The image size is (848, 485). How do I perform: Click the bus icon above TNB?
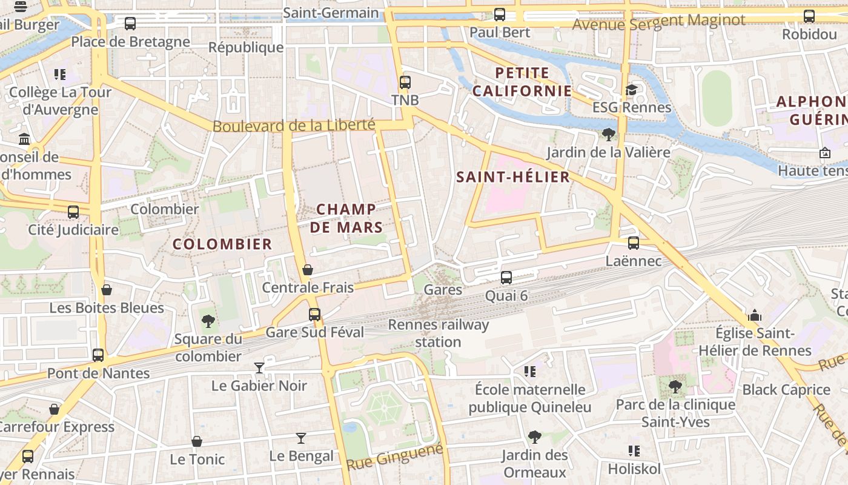(x=405, y=82)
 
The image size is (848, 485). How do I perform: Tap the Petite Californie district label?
(x=522, y=82)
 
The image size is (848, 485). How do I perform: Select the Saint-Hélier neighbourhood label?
(x=512, y=177)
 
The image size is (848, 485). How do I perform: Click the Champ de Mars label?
(x=349, y=218)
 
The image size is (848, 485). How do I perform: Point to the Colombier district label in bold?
(x=222, y=244)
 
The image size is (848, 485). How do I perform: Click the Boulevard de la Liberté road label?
(x=294, y=125)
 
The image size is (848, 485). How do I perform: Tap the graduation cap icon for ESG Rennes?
(x=631, y=90)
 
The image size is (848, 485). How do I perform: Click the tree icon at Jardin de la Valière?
(x=609, y=135)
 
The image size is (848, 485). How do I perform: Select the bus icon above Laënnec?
(x=634, y=243)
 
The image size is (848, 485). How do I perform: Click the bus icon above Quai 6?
(x=506, y=278)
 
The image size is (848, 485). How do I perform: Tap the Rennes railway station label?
(x=438, y=333)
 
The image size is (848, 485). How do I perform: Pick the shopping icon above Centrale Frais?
(x=308, y=270)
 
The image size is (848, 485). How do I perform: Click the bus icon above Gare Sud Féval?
(x=314, y=314)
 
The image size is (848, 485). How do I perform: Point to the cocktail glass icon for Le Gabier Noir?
(x=259, y=367)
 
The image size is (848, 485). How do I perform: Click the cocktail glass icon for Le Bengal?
(x=301, y=438)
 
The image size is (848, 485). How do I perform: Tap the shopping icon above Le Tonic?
(x=197, y=441)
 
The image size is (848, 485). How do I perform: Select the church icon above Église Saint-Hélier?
(x=755, y=315)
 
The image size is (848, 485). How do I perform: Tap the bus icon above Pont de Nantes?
(x=98, y=355)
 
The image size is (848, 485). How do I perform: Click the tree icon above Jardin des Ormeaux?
(x=534, y=436)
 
